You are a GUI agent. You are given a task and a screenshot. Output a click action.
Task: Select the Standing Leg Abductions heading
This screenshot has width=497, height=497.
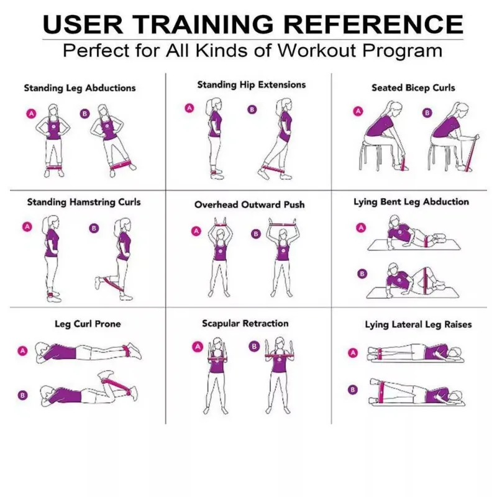pyautogui.click(x=80, y=88)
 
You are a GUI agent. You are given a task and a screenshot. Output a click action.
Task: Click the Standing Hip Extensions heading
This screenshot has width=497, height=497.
pyautogui.click(x=252, y=84)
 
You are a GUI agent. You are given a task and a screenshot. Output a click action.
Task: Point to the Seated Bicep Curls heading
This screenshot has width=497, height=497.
pyautogui.click(x=413, y=88)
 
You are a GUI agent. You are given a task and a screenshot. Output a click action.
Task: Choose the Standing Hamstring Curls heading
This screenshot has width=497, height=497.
pyautogui.click(x=84, y=202)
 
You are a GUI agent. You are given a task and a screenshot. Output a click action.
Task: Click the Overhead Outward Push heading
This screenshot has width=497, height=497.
pyautogui.click(x=249, y=204)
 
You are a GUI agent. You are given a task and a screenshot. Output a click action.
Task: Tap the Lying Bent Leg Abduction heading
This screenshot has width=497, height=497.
pyautogui.click(x=411, y=202)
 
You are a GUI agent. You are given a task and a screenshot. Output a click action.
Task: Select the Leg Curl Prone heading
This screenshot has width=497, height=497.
pyautogui.click(x=88, y=324)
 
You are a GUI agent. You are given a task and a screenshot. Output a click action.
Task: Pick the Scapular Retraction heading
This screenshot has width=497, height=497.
pyautogui.click(x=245, y=323)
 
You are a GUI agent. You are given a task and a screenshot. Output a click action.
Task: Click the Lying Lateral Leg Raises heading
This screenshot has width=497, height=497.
pyautogui.click(x=417, y=324)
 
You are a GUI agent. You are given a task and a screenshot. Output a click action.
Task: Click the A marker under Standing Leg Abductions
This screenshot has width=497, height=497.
pyautogui.click(x=29, y=113)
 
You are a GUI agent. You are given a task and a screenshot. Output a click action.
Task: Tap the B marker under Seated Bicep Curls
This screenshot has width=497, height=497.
pyautogui.click(x=427, y=112)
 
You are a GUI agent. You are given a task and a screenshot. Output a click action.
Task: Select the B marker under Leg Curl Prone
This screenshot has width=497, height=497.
pyautogui.click(x=23, y=394)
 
